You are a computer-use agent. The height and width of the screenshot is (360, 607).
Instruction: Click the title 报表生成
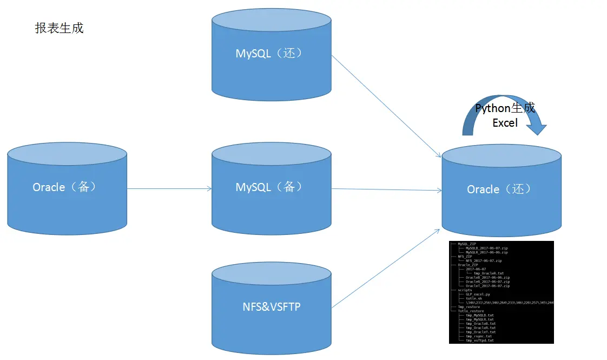(59, 28)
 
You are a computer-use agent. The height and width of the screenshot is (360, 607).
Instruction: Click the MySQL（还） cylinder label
(268, 53)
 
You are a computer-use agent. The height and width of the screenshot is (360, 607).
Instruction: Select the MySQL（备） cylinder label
(268, 187)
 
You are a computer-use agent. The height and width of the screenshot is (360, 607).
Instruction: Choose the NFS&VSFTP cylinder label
(272, 307)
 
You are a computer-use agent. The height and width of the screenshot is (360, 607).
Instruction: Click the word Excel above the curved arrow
(505, 123)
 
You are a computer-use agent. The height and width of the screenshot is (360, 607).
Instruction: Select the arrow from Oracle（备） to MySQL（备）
(169, 189)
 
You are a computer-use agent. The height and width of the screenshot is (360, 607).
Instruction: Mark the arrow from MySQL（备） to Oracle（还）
(385, 189)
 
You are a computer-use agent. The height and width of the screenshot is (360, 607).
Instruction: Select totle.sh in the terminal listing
(474, 298)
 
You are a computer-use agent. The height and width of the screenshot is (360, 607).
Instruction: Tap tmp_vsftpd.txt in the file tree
(479, 340)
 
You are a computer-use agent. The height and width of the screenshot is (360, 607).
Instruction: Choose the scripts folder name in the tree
(465, 290)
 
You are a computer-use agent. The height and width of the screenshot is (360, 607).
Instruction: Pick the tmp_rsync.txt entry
(478, 336)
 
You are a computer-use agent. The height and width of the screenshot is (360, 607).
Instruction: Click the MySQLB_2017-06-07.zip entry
(486, 248)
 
